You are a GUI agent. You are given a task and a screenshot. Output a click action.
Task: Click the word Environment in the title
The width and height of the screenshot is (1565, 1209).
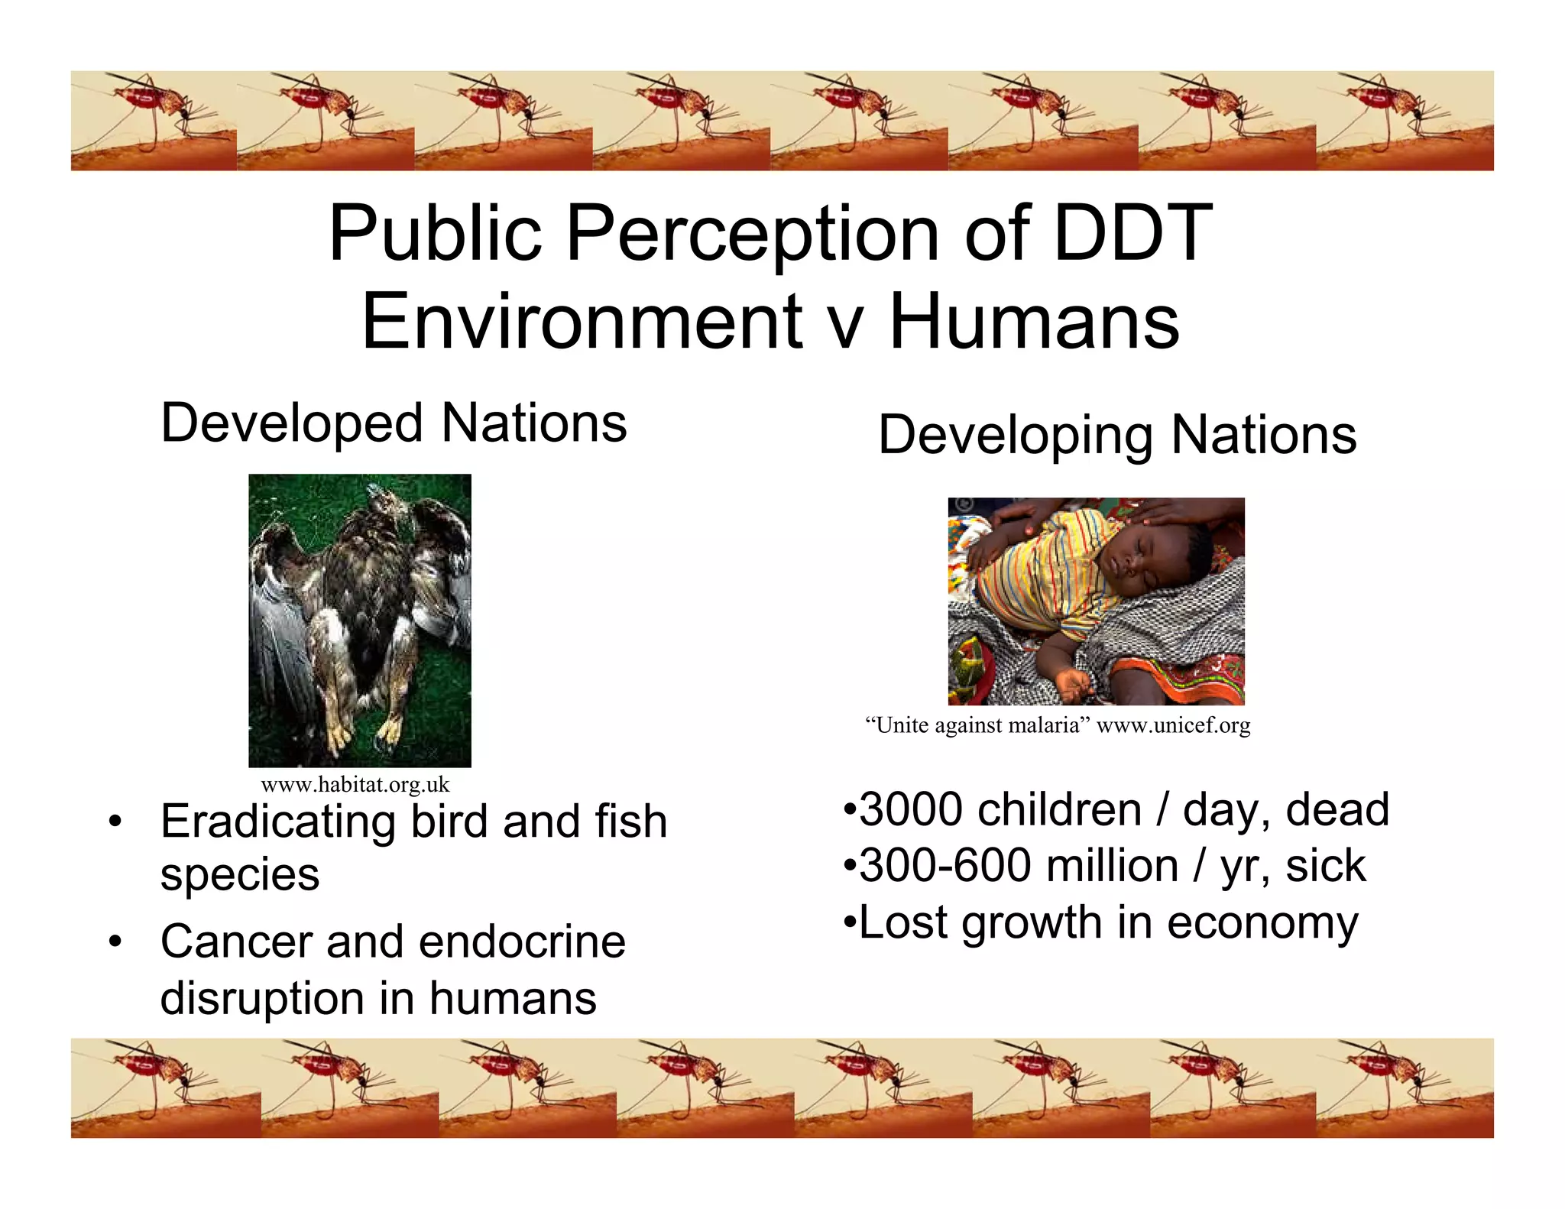(x=581, y=322)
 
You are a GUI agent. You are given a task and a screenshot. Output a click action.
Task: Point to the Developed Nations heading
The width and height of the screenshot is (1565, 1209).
(x=394, y=423)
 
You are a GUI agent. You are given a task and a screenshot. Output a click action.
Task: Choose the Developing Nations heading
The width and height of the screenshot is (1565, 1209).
(x=1117, y=435)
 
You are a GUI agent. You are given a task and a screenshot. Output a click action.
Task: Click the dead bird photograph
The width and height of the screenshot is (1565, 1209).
(x=360, y=620)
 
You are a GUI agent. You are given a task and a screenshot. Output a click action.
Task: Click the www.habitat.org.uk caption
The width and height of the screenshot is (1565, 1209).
(x=355, y=785)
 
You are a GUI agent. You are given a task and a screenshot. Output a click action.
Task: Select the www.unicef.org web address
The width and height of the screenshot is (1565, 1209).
(x=1173, y=725)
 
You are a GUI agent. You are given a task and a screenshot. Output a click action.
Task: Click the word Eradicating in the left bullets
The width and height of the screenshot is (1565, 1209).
(x=278, y=822)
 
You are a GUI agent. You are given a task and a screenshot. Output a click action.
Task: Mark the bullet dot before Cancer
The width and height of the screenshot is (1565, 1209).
(x=115, y=942)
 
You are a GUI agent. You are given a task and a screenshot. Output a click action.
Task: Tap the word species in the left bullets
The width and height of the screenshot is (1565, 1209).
(x=239, y=875)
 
